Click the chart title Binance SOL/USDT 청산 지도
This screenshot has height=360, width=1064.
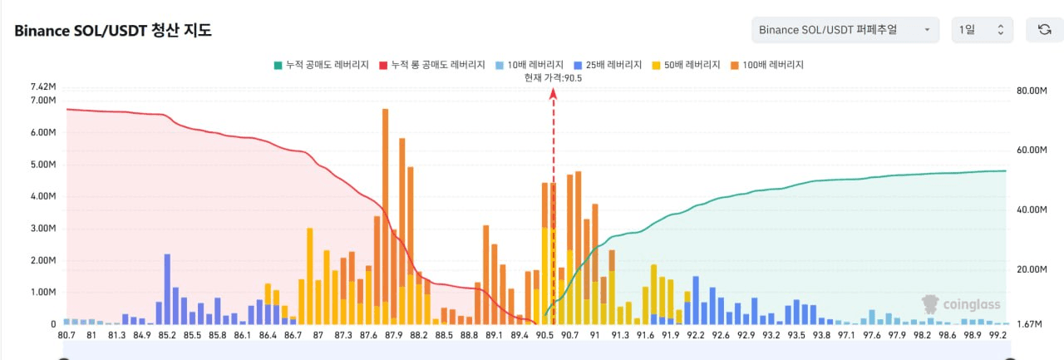click(x=113, y=31)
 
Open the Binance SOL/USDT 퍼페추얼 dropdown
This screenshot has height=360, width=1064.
click(x=845, y=30)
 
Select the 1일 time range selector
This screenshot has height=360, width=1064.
click(x=982, y=30)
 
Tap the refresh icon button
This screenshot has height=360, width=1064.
click(x=1044, y=30)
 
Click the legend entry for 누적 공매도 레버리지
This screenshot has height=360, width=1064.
click(x=321, y=64)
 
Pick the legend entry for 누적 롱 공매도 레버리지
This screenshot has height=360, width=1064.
click(x=431, y=64)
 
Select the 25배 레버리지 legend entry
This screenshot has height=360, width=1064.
click(x=608, y=64)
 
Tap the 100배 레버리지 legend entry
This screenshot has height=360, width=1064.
click(x=769, y=64)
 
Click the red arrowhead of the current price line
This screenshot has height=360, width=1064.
click(x=553, y=94)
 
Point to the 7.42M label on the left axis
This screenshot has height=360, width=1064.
click(x=42, y=86)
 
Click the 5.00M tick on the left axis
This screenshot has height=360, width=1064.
click(x=42, y=165)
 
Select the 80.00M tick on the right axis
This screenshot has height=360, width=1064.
click(x=1032, y=91)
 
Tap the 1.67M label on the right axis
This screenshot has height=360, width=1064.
click(x=1029, y=324)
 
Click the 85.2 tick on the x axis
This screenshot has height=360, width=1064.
click(x=167, y=335)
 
